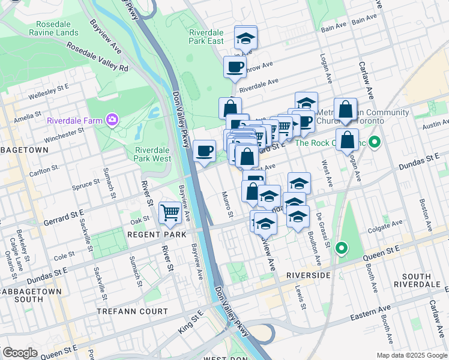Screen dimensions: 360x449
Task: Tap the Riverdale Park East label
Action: tap(206, 37)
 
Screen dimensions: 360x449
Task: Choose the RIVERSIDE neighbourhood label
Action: tap(308, 275)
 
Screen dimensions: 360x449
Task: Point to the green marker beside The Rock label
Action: tap(375, 143)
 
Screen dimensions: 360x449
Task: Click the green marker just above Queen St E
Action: tap(342, 247)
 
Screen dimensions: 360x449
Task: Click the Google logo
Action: tap(20, 353)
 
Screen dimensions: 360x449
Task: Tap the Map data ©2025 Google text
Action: tap(412, 355)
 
